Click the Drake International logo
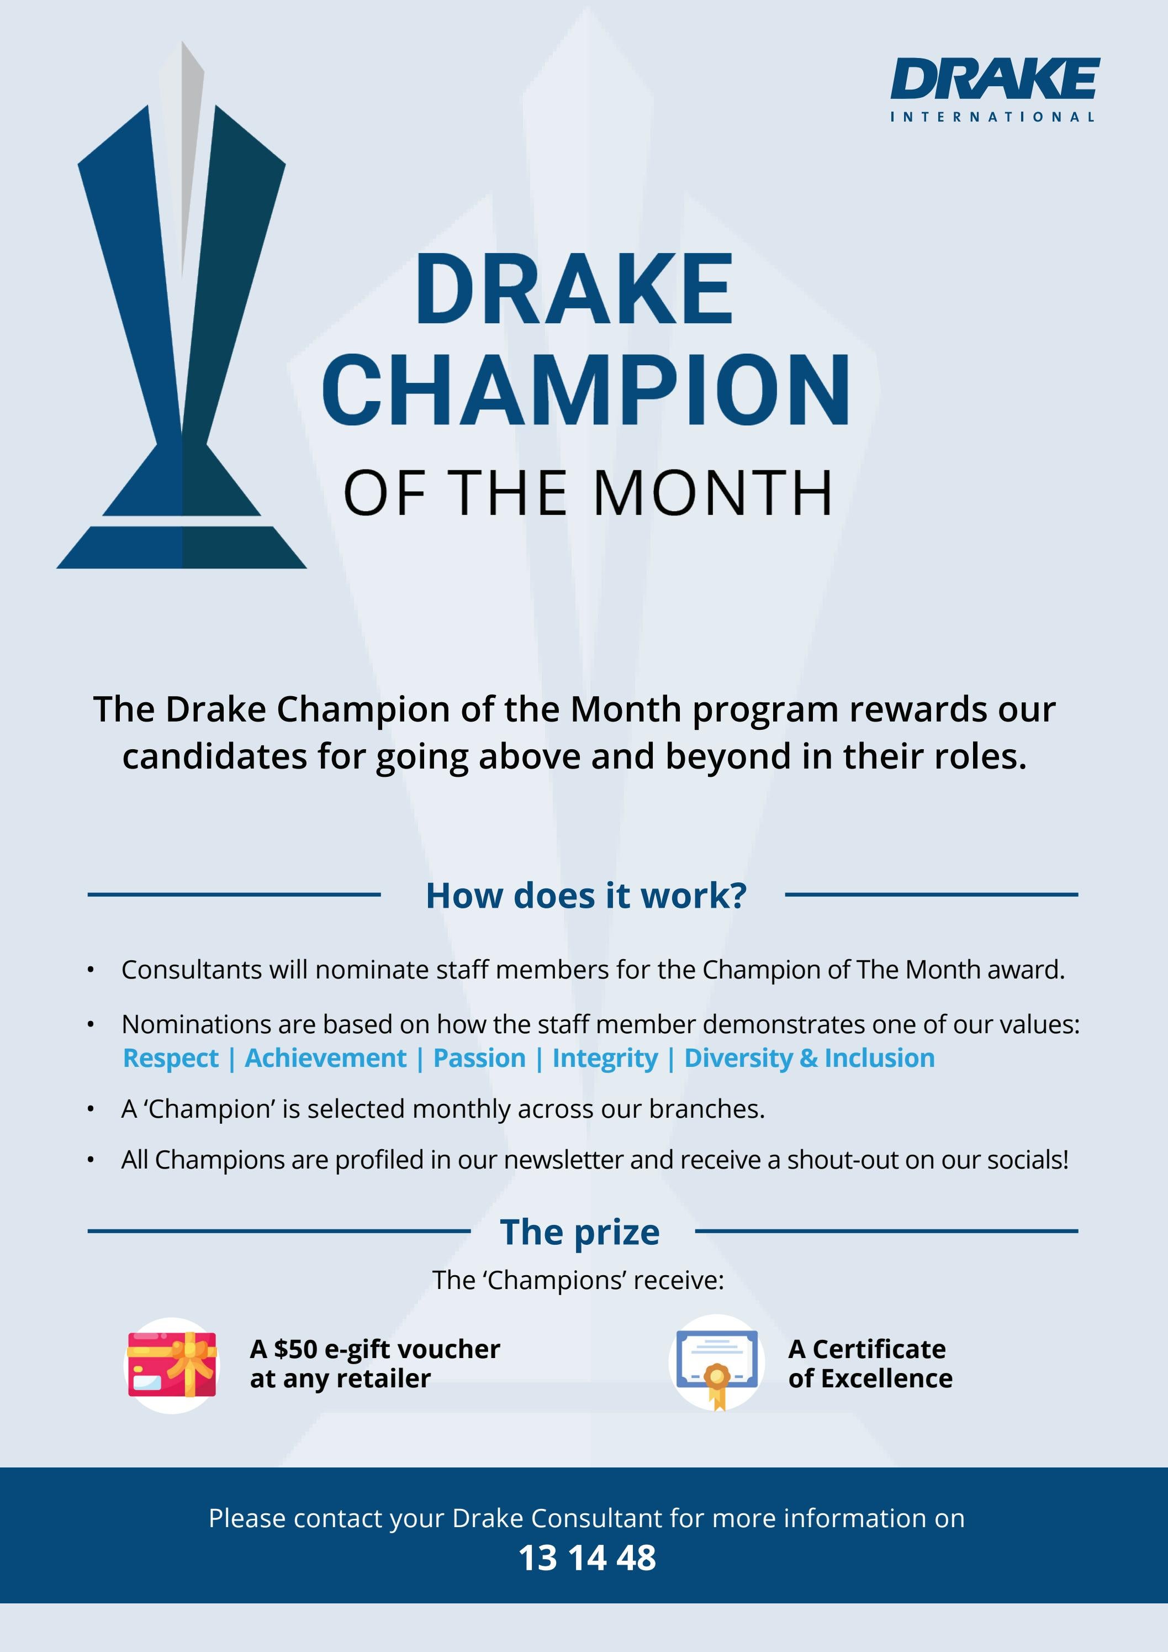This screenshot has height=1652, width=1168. tap(995, 89)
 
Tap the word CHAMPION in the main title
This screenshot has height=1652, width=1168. tap(586, 391)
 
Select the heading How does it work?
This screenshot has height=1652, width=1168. tap(585, 896)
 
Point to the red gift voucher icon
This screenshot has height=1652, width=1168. tap(172, 1364)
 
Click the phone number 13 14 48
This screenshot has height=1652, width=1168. tap(587, 1559)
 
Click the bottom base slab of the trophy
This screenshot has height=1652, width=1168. tap(182, 548)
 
